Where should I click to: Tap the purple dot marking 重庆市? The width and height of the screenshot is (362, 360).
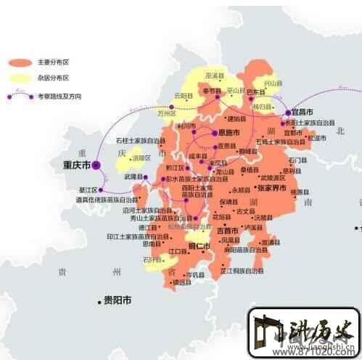(96, 165)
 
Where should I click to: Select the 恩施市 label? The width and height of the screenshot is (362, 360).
(230, 133)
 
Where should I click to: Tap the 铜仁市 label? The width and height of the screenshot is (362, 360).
(199, 246)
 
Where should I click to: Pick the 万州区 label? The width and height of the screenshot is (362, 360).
(168, 114)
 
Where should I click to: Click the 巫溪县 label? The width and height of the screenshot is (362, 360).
(214, 75)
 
